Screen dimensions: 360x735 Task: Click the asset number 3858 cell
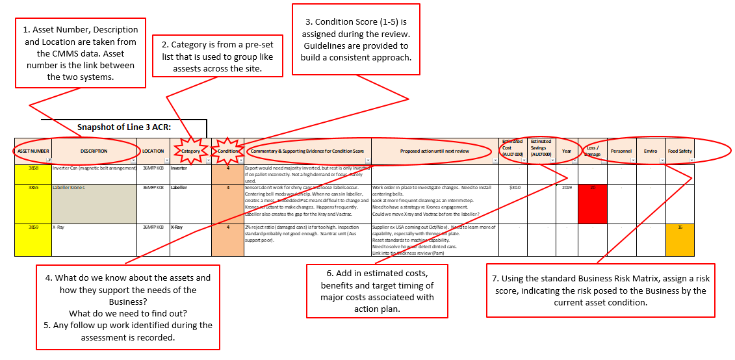33,168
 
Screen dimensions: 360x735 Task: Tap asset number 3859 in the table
33,228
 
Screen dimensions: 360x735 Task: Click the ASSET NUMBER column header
32,151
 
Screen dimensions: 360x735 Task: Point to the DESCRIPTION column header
94,151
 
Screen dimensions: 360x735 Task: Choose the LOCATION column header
153,151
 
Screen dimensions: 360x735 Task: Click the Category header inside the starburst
190,151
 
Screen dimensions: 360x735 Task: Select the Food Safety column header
680,151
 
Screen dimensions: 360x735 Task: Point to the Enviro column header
651,151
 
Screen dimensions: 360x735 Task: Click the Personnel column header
621,151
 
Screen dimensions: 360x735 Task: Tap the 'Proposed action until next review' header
435,151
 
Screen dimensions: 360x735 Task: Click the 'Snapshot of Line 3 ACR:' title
124,127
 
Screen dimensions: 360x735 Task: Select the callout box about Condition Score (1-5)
356,38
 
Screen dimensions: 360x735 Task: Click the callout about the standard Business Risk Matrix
600,290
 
